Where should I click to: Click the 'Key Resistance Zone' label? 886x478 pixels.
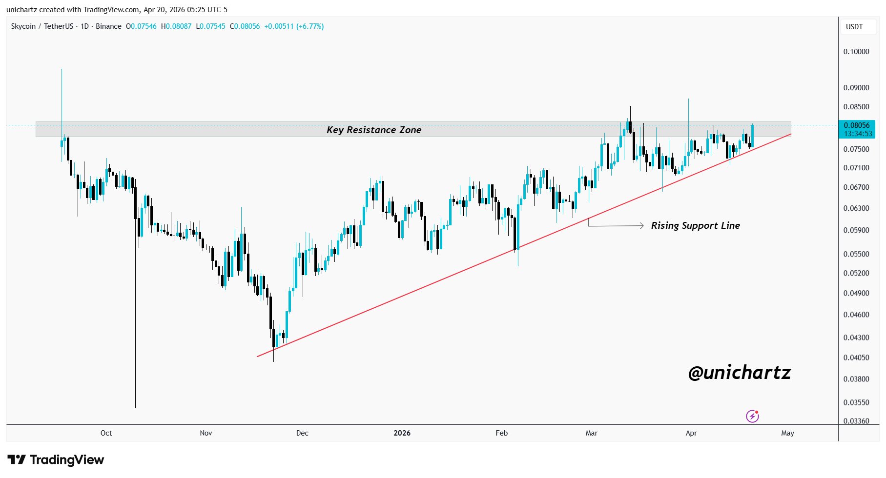374,130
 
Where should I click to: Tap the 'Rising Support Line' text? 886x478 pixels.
695,225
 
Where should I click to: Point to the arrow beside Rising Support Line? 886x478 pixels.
616,225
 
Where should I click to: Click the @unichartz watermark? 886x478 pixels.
739,373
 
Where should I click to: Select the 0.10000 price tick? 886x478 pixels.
856,52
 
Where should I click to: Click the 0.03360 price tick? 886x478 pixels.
856,421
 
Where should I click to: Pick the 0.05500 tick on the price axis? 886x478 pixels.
856,254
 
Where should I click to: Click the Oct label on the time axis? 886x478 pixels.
106,433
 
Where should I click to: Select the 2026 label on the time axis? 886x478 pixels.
402,433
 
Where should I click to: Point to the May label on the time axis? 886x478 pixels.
787,433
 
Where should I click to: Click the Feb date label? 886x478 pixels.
501,433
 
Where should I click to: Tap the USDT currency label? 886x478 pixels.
854,27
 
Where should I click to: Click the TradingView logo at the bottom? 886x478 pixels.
56,459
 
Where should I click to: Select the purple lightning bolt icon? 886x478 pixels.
752,416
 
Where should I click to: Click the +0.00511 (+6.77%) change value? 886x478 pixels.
294,26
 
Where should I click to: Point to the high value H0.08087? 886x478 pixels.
176,26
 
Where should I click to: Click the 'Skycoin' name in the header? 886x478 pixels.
23,26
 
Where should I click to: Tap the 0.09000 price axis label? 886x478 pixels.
856,88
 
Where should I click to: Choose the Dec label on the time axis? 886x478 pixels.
302,433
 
